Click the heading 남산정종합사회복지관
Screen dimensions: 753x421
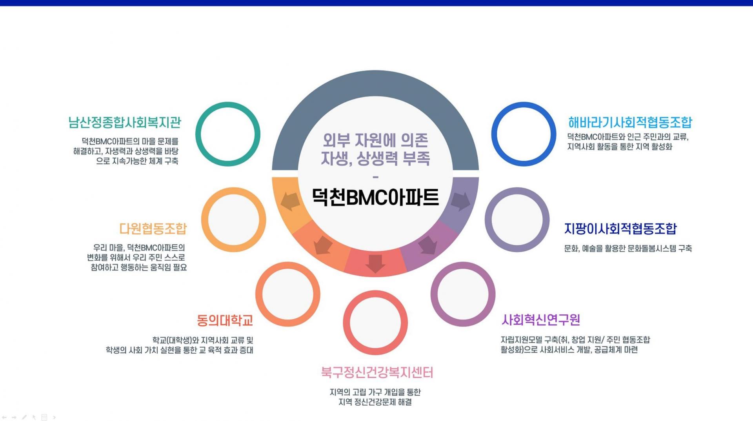(125, 123)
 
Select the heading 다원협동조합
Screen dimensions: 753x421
(153, 229)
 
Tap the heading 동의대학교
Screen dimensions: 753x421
(225, 321)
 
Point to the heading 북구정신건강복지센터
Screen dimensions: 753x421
(376, 372)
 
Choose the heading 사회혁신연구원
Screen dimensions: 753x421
(541, 320)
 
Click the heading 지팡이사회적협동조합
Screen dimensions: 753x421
(620, 229)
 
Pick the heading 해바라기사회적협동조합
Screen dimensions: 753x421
(630, 123)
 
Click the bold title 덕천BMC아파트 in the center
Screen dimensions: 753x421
(375, 197)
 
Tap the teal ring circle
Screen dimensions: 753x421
(228, 134)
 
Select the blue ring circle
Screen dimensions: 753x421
(524, 134)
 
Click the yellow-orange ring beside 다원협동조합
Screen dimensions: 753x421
(233, 220)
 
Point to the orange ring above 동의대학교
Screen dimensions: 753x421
(287, 294)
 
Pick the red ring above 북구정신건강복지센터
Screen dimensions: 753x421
(375, 323)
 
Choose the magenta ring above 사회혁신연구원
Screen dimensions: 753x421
(463, 294)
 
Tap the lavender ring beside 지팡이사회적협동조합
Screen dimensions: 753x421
(517, 220)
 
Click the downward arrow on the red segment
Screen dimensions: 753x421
(375, 263)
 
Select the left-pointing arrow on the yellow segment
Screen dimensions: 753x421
(290, 201)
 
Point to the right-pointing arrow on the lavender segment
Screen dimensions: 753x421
(460, 201)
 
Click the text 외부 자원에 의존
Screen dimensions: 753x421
(375, 140)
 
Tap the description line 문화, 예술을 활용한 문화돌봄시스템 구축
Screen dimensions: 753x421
(627, 249)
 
